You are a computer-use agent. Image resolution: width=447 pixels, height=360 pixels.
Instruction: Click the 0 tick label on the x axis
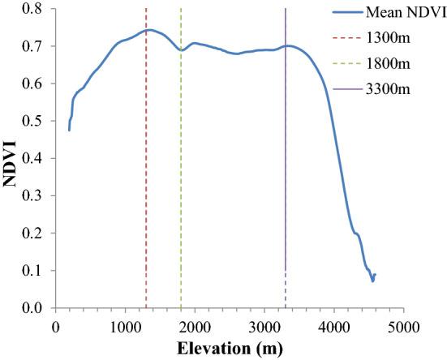55,327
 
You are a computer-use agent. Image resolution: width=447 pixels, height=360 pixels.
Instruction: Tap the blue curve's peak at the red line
147,30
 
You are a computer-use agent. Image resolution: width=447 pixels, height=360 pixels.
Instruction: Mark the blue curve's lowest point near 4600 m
373,281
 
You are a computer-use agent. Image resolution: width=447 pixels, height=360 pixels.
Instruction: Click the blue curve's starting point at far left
69,130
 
